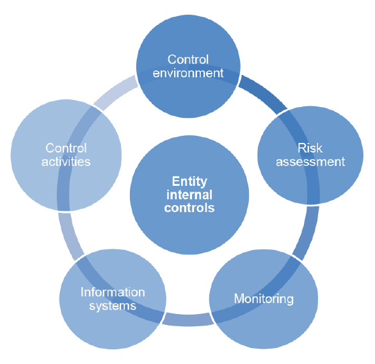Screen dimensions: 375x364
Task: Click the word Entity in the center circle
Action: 189,182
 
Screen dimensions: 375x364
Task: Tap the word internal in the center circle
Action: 189,195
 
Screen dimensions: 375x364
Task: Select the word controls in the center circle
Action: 189,208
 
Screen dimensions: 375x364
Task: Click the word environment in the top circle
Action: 188,73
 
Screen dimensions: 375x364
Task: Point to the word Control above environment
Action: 188,60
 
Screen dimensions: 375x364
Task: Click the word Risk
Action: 310,148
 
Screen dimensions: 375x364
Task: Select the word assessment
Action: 310,161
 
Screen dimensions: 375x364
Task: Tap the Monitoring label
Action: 264,299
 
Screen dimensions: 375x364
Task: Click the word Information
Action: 113,292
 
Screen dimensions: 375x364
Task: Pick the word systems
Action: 113,306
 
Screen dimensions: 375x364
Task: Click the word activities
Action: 66,161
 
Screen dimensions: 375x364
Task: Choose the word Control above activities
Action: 66,148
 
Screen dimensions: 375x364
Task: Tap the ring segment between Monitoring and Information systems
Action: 188,320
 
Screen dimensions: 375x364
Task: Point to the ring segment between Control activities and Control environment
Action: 115,92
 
